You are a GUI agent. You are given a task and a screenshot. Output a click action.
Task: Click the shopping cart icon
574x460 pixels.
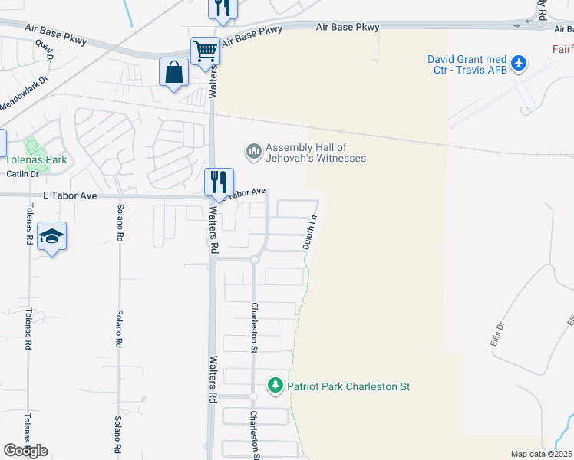pos(206,51)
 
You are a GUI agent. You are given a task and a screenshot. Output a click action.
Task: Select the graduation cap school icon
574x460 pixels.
pos(51,237)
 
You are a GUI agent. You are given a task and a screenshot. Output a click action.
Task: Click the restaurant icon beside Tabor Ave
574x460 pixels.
pos(219,182)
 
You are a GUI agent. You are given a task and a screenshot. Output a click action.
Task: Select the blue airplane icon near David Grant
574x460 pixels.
pos(520,62)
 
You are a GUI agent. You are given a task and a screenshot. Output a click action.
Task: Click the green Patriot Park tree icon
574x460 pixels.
pos(275,386)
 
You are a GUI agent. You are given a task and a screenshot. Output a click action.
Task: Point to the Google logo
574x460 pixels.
pos(25,451)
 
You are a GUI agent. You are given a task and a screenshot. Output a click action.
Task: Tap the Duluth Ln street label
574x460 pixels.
pos(308,232)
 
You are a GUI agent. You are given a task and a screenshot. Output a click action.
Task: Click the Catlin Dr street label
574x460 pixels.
pos(22,174)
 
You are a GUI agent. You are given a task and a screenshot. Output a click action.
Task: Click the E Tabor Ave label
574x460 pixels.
pos(70,195)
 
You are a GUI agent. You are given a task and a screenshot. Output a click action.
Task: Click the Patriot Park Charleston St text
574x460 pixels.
pos(348,386)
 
